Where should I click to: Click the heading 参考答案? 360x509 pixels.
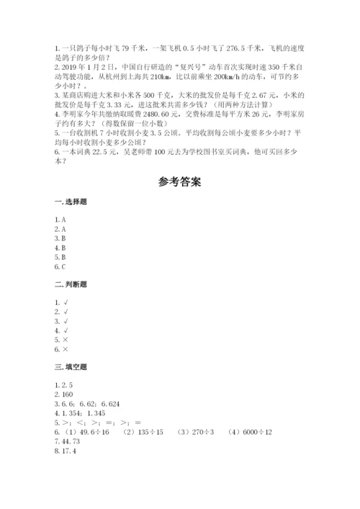(x=179, y=181)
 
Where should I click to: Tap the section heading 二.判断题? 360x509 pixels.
(x=69, y=285)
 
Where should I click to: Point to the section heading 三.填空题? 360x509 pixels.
(x=69, y=366)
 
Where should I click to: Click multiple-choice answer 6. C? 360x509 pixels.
(x=60, y=266)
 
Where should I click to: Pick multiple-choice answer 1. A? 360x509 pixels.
(x=60, y=219)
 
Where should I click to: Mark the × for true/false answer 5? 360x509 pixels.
(x=66, y=338)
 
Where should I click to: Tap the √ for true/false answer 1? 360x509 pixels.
(x=66, y=300)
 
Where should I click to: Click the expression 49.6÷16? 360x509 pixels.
(x=96, y=431)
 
